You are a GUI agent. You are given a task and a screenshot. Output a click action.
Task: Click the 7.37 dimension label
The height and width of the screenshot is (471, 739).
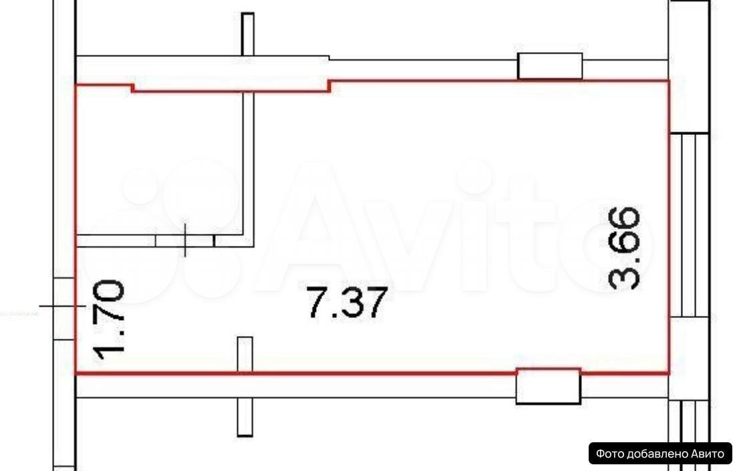(347, 302)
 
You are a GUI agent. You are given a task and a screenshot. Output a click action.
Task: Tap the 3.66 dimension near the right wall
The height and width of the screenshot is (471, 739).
(625, 247)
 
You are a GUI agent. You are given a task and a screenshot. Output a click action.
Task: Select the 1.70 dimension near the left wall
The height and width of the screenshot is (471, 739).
(109, 320)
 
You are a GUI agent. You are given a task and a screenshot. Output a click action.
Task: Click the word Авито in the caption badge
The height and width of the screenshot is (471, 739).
(708, 454)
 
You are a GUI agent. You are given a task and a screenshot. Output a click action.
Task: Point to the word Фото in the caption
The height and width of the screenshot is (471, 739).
(607, 454)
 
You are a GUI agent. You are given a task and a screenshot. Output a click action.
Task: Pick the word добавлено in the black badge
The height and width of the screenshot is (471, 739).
(655, 454)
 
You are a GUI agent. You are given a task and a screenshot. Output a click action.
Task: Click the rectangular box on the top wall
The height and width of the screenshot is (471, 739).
(550, 66)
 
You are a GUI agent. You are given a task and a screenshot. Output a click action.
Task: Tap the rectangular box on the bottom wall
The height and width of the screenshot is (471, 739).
(548, 386)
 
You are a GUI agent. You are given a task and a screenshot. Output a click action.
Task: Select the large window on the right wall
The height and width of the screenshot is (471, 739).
(689, 225)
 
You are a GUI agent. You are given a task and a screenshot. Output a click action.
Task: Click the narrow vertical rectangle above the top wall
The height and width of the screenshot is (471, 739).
(247, 34)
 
